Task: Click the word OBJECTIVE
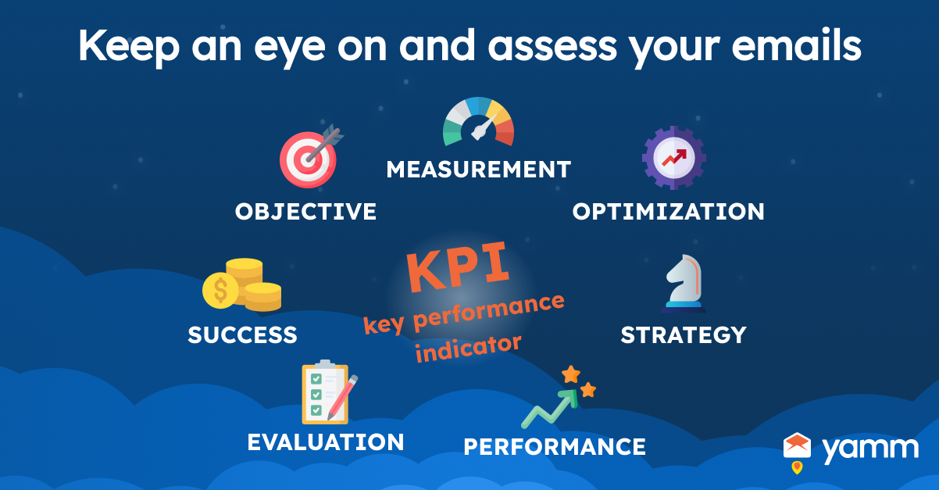pos(305,212)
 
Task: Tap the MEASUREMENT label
pos(479,170)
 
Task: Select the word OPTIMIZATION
pos(669,212)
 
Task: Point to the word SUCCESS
pos(243,334)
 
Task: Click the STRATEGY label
pos(684,334)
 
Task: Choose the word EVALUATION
pos(326,442)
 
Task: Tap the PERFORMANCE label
pos(555,446)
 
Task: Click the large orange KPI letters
pos(458,266)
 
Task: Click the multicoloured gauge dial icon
pos(478,122)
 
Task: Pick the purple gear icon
pos(674,158)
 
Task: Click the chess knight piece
pos(684,284)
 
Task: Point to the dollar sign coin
pos(220,290)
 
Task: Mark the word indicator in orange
pos(468,349)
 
